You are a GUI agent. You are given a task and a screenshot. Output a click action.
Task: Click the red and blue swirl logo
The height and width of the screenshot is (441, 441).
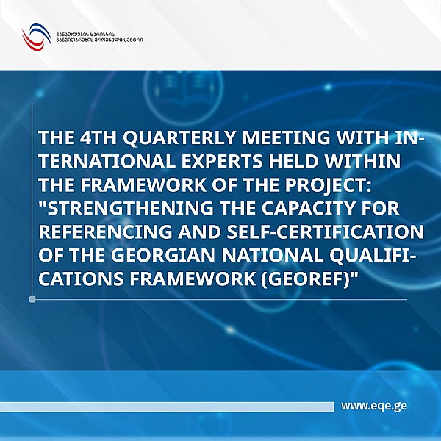coord(34,35)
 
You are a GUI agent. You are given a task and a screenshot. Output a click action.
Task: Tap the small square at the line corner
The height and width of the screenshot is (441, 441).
coord(32,299)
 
